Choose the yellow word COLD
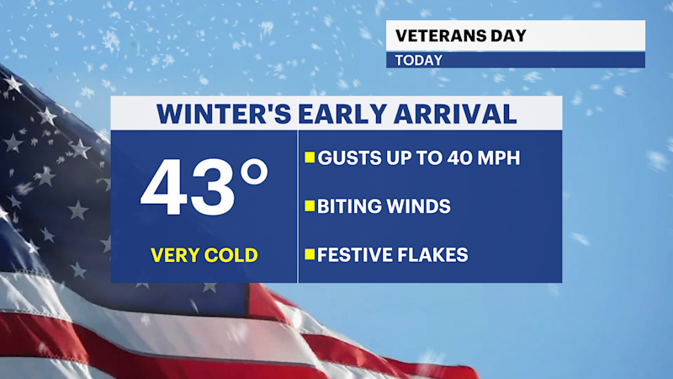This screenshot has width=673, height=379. pos(231,255)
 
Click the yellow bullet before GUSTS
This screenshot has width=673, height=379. pos(310,157)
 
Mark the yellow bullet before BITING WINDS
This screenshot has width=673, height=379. pos(310,206)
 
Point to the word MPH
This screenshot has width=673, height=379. pos(495,157)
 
